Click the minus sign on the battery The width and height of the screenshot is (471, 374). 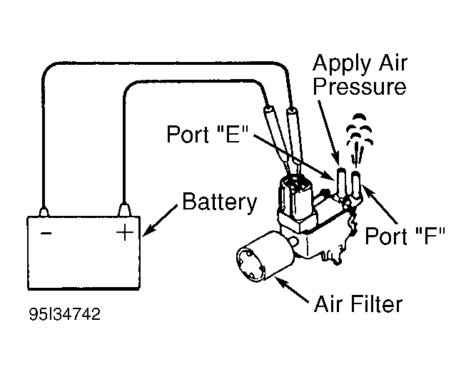pyautogui.click(x=46, y=233)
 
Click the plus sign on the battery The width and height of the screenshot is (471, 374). pyautogui.click(x=125, y=233)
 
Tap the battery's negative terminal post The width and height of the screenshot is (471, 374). pyautogui.click(x=44, y=212)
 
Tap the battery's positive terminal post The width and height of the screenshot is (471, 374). pyautogui.click(x=125, y=209)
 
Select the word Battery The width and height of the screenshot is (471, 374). pyautogui.click(x=220, y=202)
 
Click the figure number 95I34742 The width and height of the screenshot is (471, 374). pyautogui.click(x=64, y=314)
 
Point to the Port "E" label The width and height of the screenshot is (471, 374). pyautogui.click(x=208, y=134)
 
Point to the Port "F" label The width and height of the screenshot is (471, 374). pyautogui.click(x=405, y=236)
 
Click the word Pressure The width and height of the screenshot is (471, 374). pyautogui.click(x=360, y=87)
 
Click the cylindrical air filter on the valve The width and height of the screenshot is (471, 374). pyautogui.click(x=265, y=256)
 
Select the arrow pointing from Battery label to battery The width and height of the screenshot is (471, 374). pyautogui.click(x=160, y=221)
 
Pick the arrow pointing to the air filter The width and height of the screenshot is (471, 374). pyautogui.click(x=292, y=289)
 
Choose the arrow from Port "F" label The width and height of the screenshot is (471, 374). pyautogui.click(x=380, y=204)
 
